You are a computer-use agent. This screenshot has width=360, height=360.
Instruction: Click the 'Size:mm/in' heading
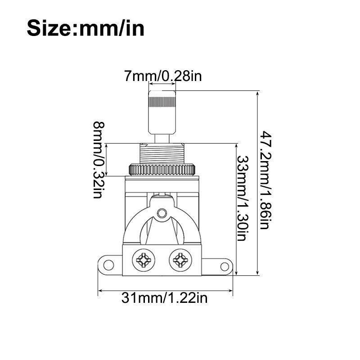coord(85,28)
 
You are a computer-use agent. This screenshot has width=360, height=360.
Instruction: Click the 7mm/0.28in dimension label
coord(163,76)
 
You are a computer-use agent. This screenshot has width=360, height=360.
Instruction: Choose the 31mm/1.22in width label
coord(165,298)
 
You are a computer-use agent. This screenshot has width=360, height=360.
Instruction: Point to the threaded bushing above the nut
coord(162,153)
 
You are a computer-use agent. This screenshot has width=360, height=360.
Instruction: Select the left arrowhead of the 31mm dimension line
coord(100,291)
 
